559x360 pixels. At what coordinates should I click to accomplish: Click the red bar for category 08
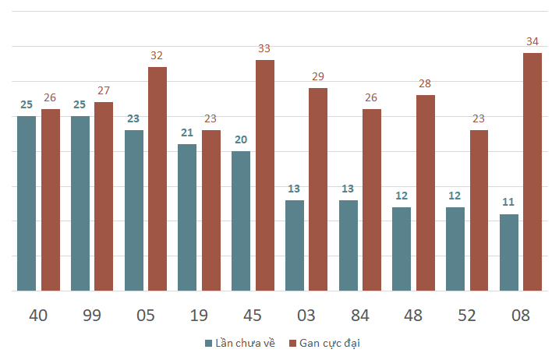(x=532, y=171)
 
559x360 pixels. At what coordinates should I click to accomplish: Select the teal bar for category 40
(x=27, y=203)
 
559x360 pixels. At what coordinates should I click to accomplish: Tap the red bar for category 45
(x=265, y=175)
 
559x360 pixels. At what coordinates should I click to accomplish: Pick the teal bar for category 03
(x=294, y=245)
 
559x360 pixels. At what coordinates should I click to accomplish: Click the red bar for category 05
(x=157, y=178)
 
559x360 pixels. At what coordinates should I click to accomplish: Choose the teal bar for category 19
(x=187, y=217)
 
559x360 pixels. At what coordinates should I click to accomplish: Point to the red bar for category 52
(x=479, y=210)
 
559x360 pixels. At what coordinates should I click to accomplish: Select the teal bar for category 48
(x=402, y=249)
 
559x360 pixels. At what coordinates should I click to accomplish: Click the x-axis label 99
(x=92, y=316)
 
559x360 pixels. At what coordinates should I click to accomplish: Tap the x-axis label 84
(x=359, y=316)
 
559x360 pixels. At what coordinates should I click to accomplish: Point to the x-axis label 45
(x=253, y=316)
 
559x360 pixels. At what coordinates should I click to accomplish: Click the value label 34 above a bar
(x=532, y=41)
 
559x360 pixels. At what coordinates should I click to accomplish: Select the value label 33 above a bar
(x=265, y=48)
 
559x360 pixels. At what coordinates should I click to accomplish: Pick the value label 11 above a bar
(x=509, y=202)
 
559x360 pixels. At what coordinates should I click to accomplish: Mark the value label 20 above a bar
(x=241, y=139)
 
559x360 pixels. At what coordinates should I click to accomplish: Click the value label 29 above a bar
(x=318, y=76)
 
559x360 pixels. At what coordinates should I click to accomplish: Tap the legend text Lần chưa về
(x=245, y=343)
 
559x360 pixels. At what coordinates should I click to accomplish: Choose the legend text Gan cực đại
(x=331, y=343)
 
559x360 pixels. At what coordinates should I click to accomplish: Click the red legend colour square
(x=293, y=343)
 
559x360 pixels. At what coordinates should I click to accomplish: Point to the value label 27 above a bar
(x=104, y=90)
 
